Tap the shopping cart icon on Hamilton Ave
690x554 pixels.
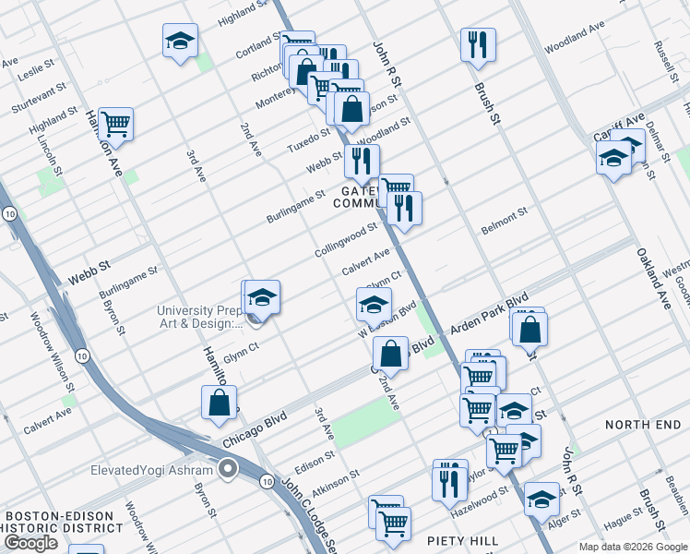115,123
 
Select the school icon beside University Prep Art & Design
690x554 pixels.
262,298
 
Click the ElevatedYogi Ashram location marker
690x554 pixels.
229,469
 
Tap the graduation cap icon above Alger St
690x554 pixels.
541,499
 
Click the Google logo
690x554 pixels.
30,543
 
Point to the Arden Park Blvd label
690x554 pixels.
489,313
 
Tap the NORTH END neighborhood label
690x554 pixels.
642,424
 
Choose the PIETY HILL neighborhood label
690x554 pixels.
463,540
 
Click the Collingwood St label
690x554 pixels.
346,239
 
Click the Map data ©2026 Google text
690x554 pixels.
633,547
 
